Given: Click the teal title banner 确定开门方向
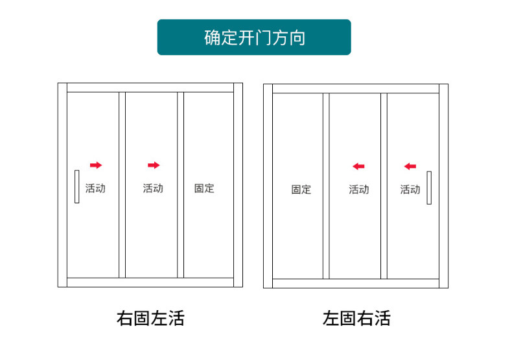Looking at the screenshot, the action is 254,37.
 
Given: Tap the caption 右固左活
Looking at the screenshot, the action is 150,319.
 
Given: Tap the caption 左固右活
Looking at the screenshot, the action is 356,319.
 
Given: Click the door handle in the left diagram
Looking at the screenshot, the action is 76,186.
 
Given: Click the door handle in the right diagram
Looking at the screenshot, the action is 429,188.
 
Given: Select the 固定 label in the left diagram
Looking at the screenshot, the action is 204,188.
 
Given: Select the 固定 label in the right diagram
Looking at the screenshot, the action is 301,190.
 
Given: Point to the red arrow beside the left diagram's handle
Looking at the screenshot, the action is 96,165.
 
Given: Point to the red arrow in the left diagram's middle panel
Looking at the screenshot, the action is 154,165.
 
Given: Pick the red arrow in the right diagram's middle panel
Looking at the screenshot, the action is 358,166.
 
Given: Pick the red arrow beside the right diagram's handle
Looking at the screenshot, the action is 410,166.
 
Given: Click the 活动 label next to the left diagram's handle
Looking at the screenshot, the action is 95,188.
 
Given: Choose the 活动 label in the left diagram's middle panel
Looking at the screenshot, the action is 153,188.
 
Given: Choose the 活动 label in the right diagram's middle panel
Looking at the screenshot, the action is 359,190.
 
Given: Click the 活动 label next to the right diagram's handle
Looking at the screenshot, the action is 410,190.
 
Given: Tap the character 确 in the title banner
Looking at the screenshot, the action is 212,38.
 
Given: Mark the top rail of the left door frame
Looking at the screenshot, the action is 150,87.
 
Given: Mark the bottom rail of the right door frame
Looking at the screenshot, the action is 356,284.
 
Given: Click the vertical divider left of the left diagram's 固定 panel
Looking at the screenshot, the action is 181,185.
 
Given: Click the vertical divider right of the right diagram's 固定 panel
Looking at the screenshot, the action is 326,186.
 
